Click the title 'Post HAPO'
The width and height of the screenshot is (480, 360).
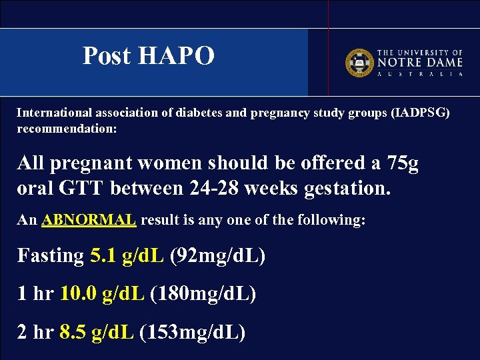click(x=148, y=56)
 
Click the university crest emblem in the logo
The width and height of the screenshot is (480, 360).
click(x=358, y=63)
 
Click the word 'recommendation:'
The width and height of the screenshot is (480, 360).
click(x=67, y=128)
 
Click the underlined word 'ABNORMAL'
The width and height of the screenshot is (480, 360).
click(x=89, y=220)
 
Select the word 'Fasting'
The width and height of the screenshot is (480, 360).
click(x=51, y=255)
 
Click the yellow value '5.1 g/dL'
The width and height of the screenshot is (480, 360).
click(x=127, y=255)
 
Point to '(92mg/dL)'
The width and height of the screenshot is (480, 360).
click(x=218, y=255)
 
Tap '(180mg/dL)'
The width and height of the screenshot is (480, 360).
click(x=203, y=293)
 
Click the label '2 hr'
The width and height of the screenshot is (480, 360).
click(x=35, y=331)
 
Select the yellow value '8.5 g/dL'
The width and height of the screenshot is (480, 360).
click(x=97, y=331)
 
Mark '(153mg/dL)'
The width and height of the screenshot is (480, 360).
click(x=193, y=331)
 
